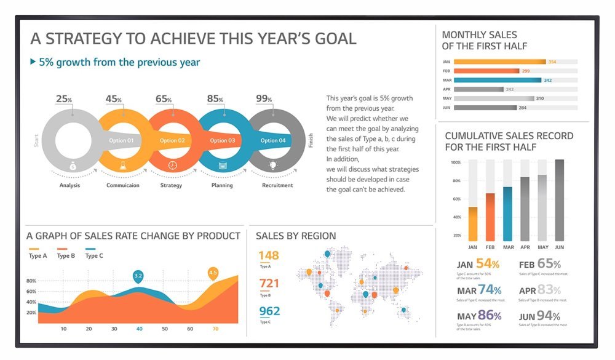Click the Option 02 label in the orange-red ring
click(172, 140)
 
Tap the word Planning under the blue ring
click(222, 185)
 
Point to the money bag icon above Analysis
click(73, 166)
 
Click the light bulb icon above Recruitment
click(273, 166)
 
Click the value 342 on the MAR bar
click(547, 80)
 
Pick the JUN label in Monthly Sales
click(447, 108)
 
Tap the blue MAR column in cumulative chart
click(507, 214)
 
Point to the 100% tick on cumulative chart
click(456, 162)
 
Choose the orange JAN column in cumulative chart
click(473, 223)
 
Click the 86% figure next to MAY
click(490, 316)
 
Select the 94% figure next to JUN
click(549, 316)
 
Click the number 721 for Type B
click(269, 283)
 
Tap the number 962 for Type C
click(269, 311)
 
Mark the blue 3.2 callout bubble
click(138, 276)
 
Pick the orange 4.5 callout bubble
click(213, 272)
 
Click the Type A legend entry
click(38, 256)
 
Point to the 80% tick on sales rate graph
click(31, 281)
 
